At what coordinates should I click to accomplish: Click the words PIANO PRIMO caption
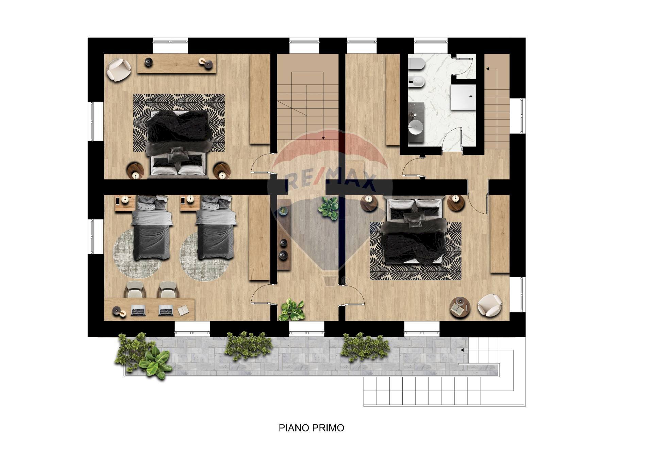point(311,428)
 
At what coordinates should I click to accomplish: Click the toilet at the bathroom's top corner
point(415,64)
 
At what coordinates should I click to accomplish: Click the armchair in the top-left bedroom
point(118,69)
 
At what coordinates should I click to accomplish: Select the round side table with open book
point(459,307)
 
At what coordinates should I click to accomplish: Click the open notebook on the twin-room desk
point(183,310)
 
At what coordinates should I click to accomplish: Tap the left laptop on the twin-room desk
point(138,310)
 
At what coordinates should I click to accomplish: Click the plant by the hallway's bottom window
point(291,310)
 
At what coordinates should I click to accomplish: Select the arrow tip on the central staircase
point(323,138)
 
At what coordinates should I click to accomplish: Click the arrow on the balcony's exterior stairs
point(462,350)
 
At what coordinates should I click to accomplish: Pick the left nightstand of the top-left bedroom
point(135,170)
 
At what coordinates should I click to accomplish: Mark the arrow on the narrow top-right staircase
point(487,69)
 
